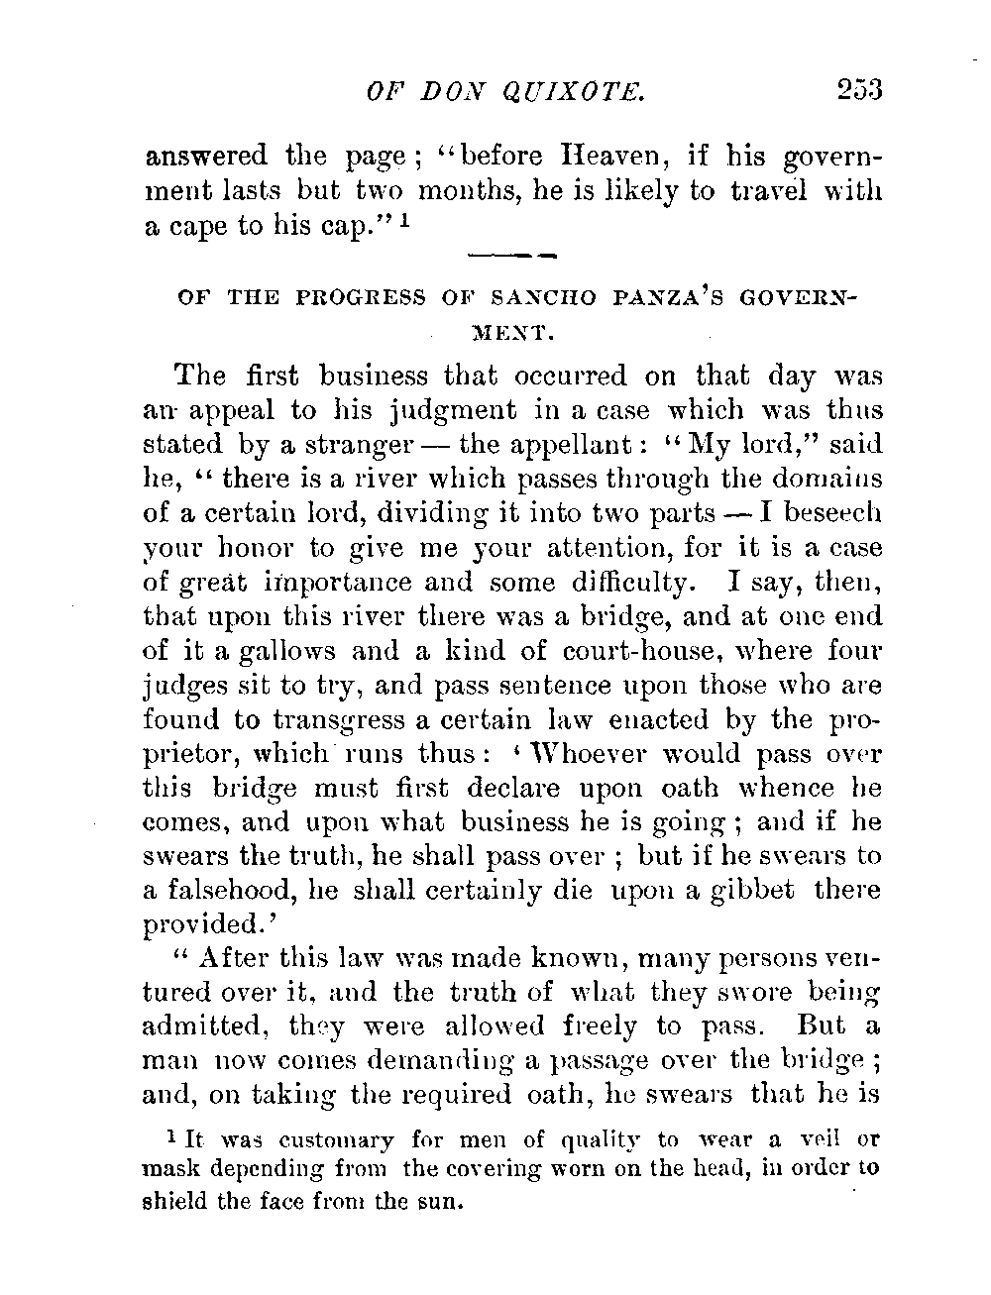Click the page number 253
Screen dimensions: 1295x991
858,90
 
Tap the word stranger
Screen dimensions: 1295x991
336,444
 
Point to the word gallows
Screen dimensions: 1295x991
251,651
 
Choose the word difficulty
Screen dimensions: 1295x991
633,583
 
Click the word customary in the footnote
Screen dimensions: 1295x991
322,1140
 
